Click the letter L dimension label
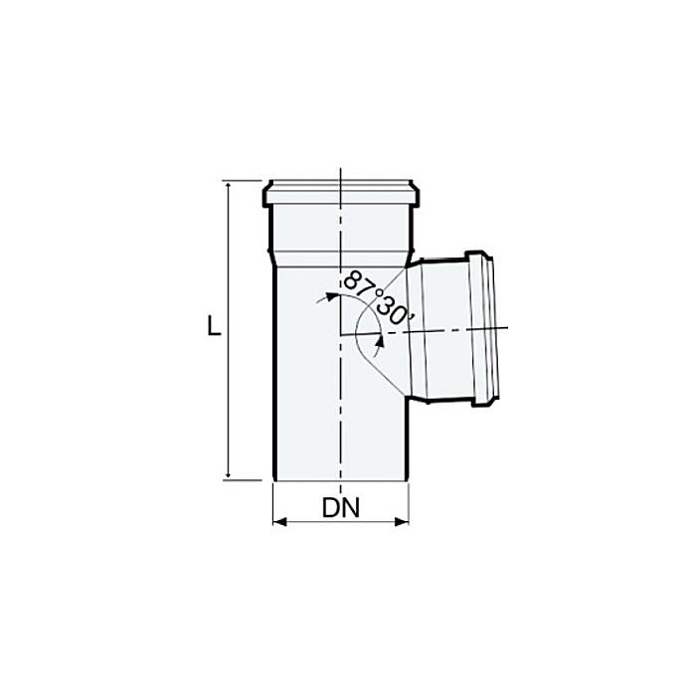click(213, 326)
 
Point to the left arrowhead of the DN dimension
click(278, 521)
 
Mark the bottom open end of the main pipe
click(340, 483)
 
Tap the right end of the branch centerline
click(507, 328)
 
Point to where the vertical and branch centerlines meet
click(340, 333)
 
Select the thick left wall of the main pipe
click(273, 378)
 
